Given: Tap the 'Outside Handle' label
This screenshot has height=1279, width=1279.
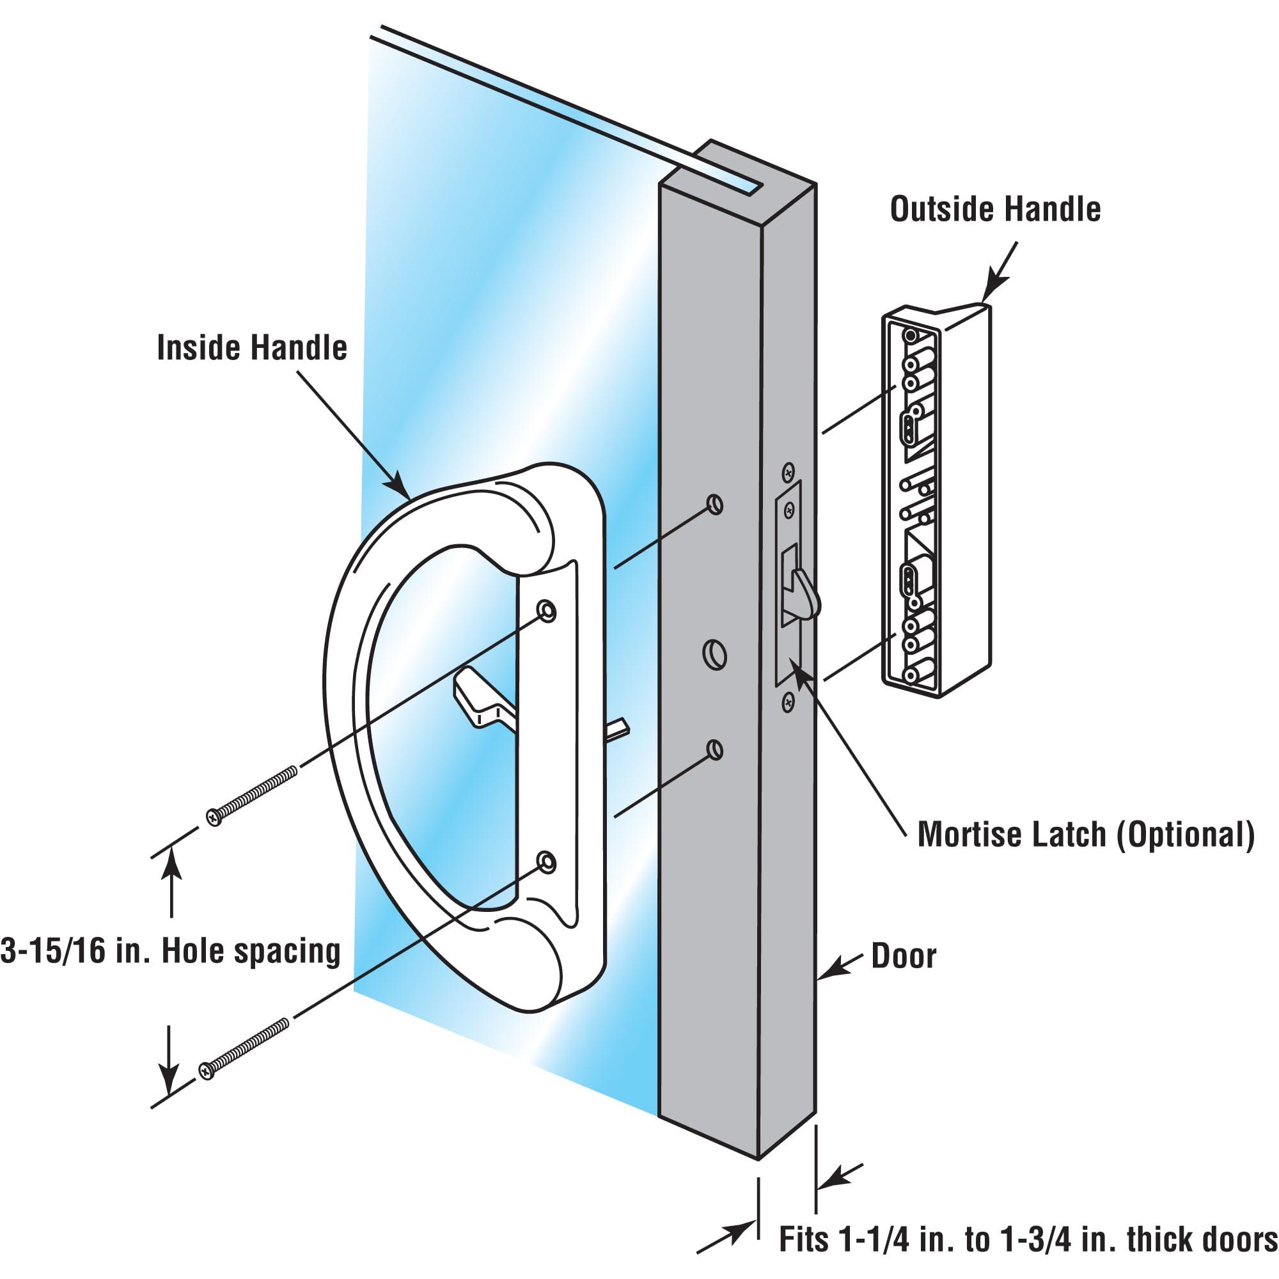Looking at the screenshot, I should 995,209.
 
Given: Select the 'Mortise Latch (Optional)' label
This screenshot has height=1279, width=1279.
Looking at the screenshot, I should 1086,835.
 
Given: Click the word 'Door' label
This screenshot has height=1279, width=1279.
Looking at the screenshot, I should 904,956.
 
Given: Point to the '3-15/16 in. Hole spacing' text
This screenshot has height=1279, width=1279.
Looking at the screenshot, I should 171,952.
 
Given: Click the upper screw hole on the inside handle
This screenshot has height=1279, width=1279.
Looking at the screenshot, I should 546,609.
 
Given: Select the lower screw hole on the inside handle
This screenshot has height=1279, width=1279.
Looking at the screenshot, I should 546,861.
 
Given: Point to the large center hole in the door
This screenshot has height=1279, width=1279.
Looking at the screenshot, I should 715,655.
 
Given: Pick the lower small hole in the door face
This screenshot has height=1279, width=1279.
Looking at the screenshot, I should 715,750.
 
